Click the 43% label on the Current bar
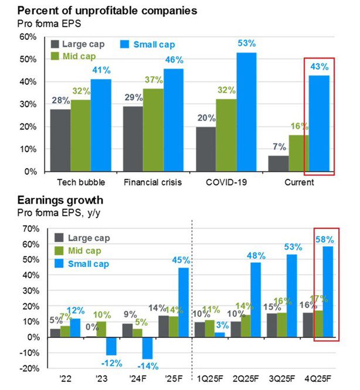click(319, 66)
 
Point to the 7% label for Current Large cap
click(279, 146)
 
